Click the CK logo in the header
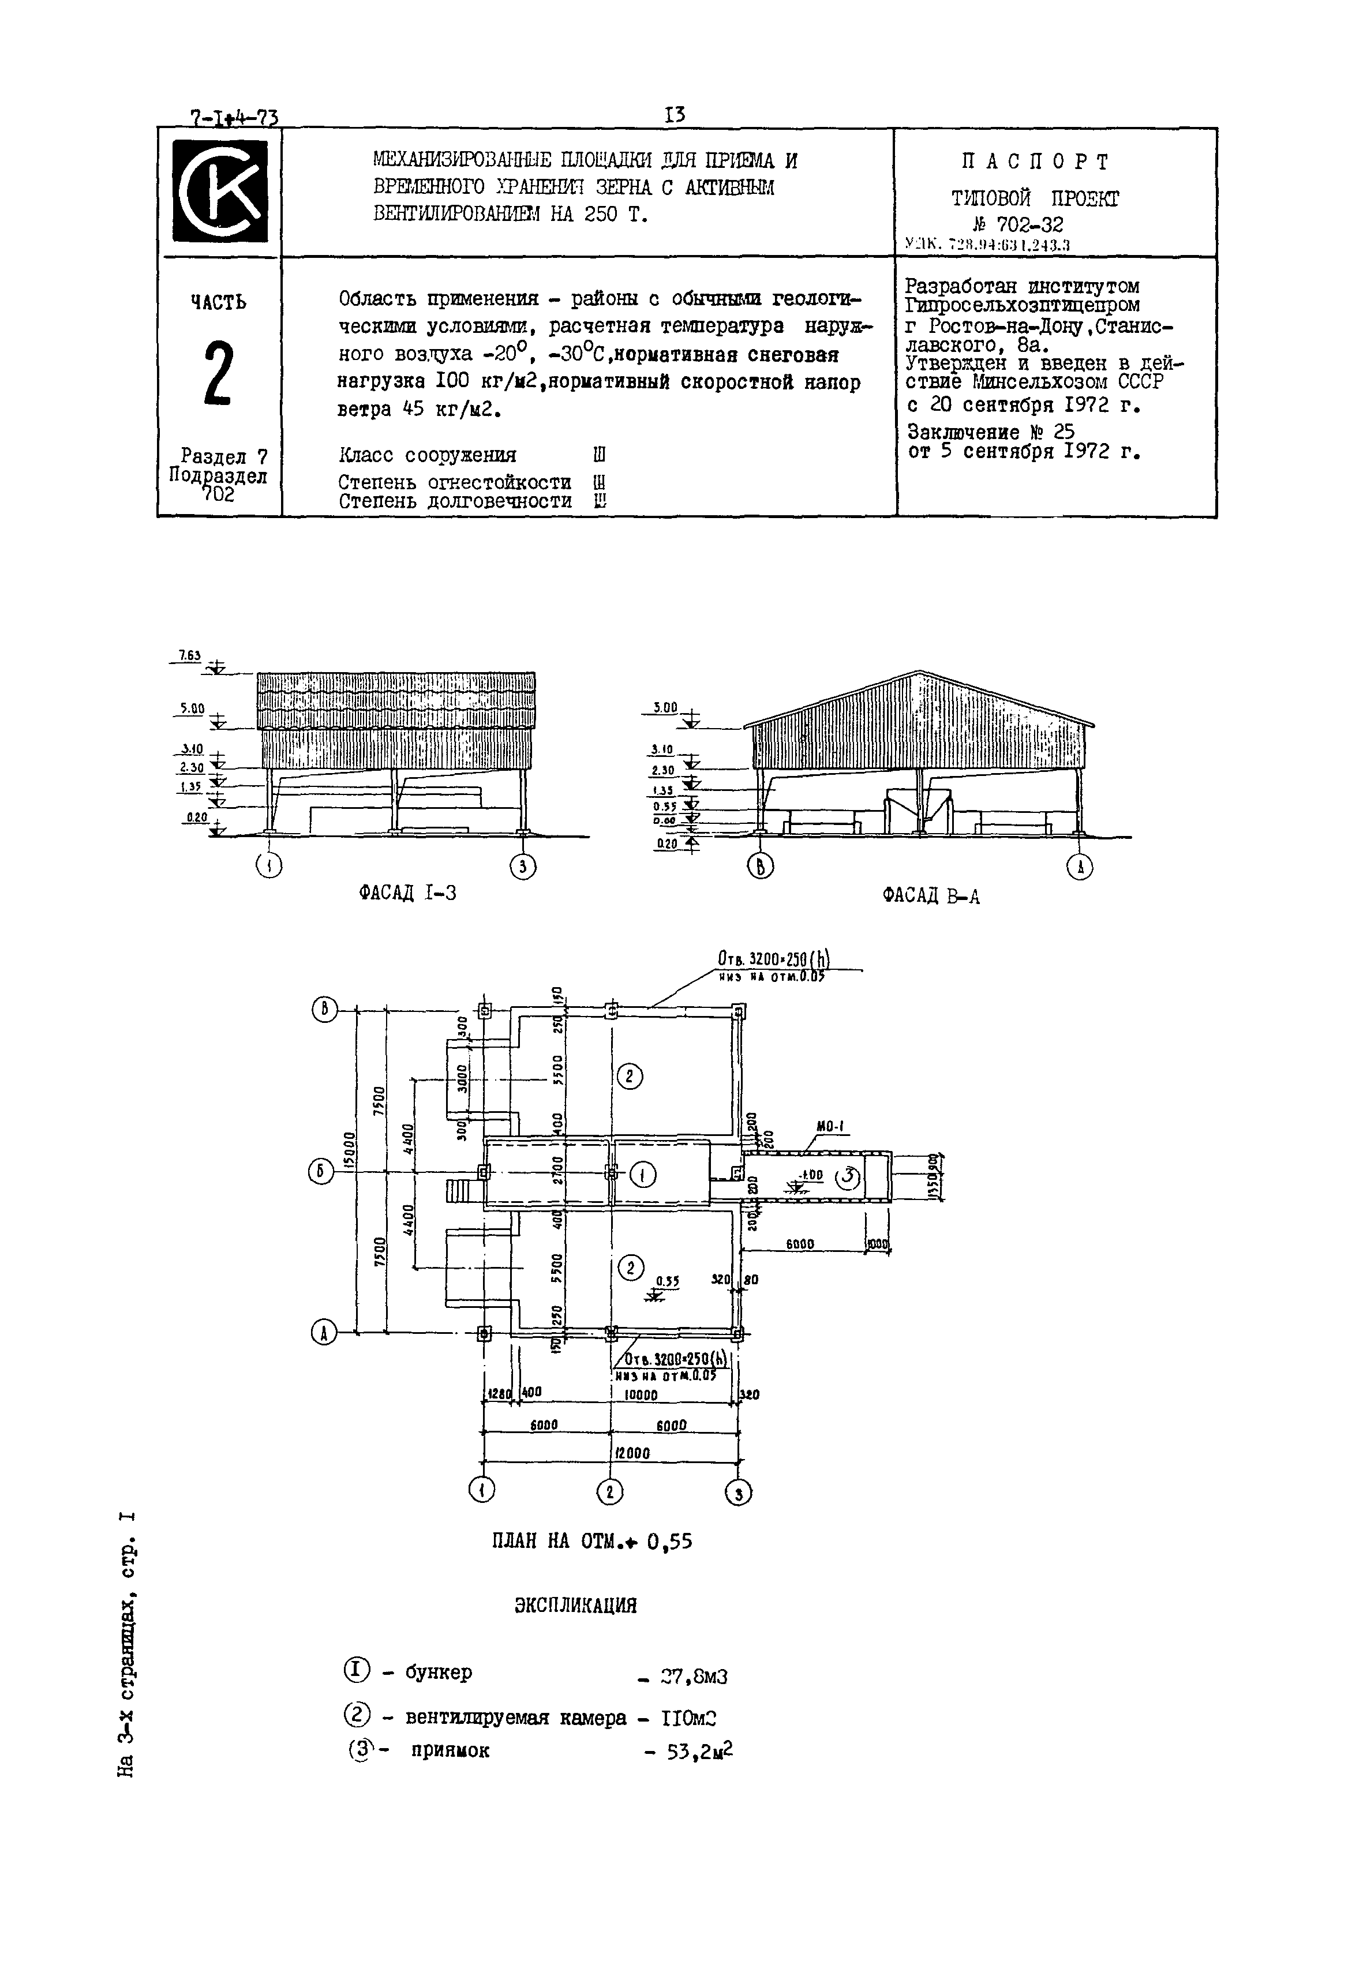(x=219, y=192)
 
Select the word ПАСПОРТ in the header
(x=1035, y=162)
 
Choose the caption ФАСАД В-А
(x=931, y=896)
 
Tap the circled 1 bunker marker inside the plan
(x=642, y=1176)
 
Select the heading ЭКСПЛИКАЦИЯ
(x=575, y=1606)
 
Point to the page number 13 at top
(x=674, y=114)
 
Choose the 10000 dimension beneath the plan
(x=641, y=1396)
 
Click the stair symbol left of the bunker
(x=459, y=1190)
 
